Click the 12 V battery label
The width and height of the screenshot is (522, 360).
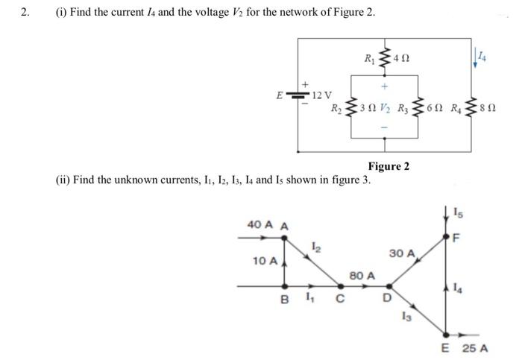point(322,94)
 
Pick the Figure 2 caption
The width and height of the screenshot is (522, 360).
point(388,165)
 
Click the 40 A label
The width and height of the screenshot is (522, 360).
point(257,225)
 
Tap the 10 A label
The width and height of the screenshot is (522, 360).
point(264,261)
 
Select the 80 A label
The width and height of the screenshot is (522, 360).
point(360,276)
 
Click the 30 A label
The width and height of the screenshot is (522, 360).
point(401,253)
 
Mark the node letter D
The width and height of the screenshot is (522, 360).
point(386,300)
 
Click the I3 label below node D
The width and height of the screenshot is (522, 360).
point(406,318)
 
